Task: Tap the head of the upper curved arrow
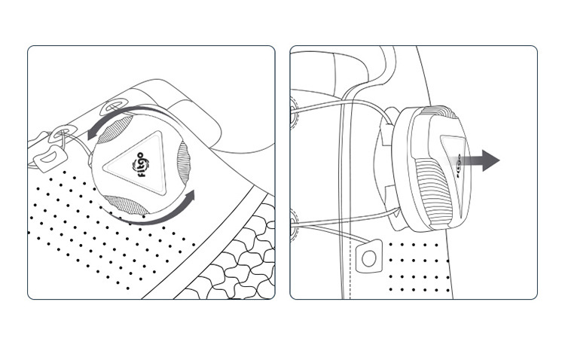93,134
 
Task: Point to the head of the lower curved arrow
188,197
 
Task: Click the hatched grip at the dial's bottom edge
125,206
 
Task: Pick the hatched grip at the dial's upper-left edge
115,130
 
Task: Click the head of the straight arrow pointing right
490,160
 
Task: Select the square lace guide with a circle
369,257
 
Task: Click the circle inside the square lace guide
368,259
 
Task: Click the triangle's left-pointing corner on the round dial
104,168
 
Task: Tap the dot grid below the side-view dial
419,267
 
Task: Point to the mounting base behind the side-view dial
385,169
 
